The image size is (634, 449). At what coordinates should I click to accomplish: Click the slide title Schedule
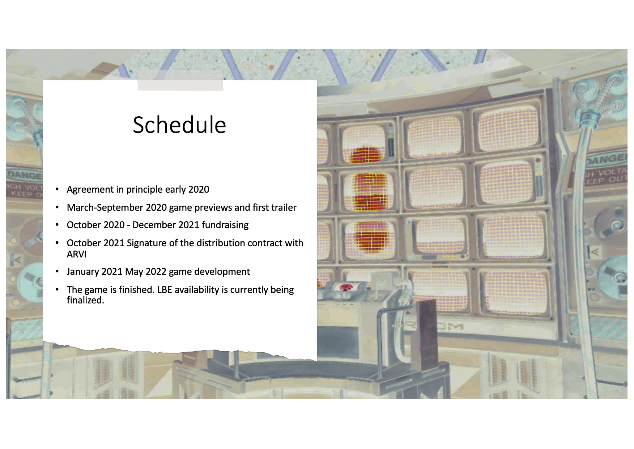(x=179, y=125)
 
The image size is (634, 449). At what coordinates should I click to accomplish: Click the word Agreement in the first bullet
(x=90, y=190)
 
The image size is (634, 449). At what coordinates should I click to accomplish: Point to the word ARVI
(x=77, y=254)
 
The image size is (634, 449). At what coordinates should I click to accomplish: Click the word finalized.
(x=85, y=300)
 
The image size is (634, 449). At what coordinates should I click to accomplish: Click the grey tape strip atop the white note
(x=180, y=85)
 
